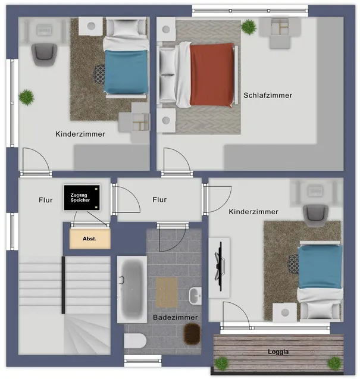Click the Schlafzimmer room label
[x=268, y=95]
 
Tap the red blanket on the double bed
[x=212, y=75]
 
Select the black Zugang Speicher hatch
[x=82, y=198]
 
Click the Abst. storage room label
[x=89, y=239]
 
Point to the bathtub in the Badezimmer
[x=132, y=289]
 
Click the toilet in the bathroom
[x=135, y=341]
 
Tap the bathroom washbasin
[x=195, y=296]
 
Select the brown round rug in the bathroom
[x=192, y=334]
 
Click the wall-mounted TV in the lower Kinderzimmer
[x=220, y=267]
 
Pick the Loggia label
[x=278, y=352]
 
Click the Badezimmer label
[x=176, y=317]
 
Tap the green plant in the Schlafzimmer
[x=249, y=27]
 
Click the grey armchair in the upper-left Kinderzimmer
[x=44, y=55]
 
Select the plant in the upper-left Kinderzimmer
[x=27, y=98]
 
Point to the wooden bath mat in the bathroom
[x=167, y=292]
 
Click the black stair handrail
[x=63, y=285]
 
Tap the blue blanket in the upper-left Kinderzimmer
[x=126, y=72]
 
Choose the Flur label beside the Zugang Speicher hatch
[x=46, y=200]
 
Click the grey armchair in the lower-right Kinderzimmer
[x=315, y=215]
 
